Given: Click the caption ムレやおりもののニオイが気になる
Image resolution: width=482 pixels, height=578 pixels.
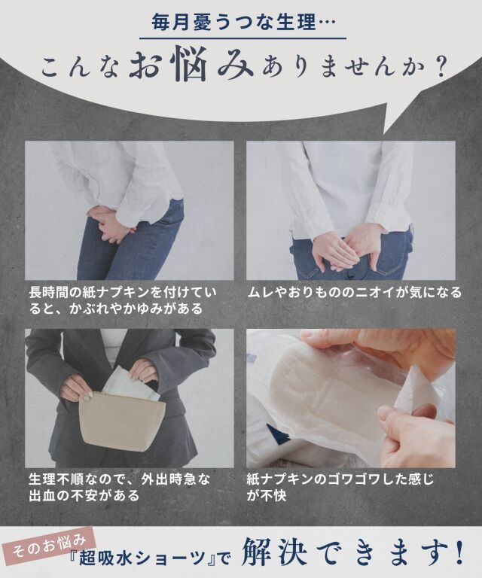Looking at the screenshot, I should click(x=355, y=292).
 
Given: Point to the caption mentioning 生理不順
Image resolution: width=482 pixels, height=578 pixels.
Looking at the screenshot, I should click(x=120, y=486).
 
